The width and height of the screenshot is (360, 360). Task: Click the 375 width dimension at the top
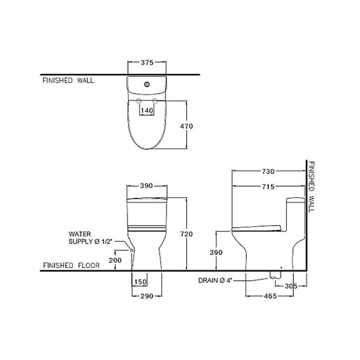point(147,62)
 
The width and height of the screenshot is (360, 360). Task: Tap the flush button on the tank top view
point(147,84)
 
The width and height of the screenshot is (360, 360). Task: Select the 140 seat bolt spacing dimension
point(147,110)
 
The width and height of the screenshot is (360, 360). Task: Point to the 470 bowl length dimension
point(186,126)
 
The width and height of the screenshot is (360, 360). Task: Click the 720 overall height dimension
point(186,234)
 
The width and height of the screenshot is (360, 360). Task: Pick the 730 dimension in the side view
point(268,171)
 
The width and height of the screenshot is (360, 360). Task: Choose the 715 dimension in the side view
point(268,187)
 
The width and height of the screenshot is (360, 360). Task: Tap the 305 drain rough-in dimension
point(291,286)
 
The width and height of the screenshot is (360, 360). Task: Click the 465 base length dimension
point(270,296)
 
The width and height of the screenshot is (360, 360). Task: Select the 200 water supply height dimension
point(115,260)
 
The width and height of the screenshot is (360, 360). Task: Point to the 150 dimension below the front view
point(140,282)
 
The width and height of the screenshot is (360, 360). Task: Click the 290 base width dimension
point(147,296)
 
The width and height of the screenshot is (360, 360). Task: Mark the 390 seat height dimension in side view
point(216,252)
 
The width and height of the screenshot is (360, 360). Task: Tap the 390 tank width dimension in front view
point(146,186)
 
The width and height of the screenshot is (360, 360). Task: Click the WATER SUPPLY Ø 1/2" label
point(90,238)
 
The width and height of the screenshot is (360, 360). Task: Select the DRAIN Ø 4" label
point(215,280)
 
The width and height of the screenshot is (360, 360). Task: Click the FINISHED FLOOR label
point(71,266)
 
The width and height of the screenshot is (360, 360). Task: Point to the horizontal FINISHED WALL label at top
point(68,80)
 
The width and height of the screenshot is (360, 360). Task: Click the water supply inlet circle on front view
point(132,250)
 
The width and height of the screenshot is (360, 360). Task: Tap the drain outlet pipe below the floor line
point(275,275)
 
